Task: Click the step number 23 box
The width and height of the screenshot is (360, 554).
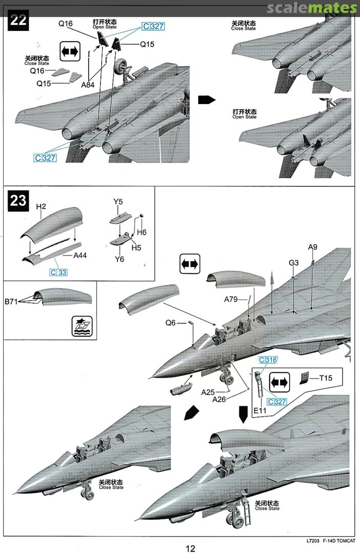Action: (x=18, y=201)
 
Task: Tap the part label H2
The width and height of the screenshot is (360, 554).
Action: (x=42, y=206)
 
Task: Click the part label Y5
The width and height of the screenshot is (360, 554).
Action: (x=118, y=202)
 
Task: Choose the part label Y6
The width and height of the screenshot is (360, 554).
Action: (x=119, y=259)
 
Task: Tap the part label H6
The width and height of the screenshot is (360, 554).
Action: (x=142, y=232)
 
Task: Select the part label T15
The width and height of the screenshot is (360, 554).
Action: (x=326, y=379)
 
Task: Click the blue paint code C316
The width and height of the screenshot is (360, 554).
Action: (x=268, y=360)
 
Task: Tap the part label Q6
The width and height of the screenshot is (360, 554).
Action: (x=171, y=323)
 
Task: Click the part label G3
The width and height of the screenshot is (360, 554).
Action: (x=293, y=263)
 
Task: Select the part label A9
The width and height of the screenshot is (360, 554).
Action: (x=313, y=247)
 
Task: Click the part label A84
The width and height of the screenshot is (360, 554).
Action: (x=88, y=85)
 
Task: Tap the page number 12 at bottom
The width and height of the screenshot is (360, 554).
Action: (x=190, y=548)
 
